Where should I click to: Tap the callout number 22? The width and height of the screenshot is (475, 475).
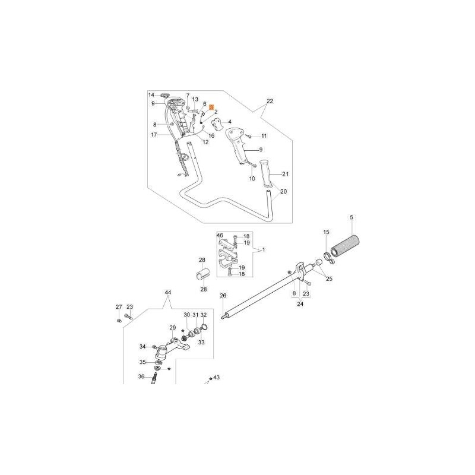click(270, 102)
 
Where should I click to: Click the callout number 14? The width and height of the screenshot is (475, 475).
click(151, 95)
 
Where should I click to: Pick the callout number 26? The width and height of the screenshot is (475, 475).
click(223, 296)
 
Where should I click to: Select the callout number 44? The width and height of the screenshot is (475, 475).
click(167, 293)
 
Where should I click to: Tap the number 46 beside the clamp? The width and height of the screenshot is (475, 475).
click(219, 236)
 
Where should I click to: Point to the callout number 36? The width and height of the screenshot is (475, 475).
click(141, 376)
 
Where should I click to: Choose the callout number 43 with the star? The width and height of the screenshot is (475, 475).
click(216, 378)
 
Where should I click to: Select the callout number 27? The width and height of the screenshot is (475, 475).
click(119, 307)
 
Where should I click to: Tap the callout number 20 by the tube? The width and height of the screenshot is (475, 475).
click(283, 192)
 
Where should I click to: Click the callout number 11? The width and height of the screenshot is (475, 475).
click(264, 136)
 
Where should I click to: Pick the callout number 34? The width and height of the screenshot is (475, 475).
click(142, 346)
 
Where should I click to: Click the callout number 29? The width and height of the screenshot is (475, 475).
click(173, 328)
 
